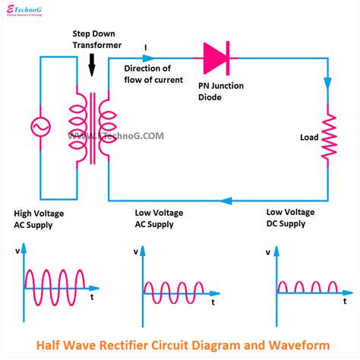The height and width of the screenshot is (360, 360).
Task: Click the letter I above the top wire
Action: pos(145,47)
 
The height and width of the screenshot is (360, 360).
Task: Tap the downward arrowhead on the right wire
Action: pos(329,84)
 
